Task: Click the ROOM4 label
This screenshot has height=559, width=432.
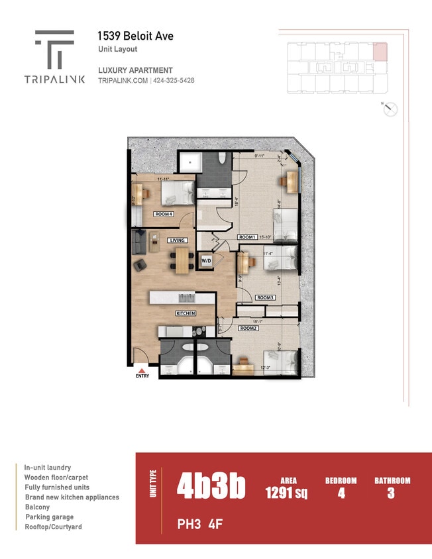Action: click(164, 214)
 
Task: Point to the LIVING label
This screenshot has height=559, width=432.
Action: click(178, 240)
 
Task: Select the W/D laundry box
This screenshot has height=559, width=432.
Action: click(206, 261)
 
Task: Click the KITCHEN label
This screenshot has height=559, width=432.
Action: click(186, 313)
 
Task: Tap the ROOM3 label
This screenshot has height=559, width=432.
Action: click(265, 297)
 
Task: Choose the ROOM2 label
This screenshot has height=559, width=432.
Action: click(248, 328)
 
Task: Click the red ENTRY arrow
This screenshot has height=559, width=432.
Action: click(142, 370)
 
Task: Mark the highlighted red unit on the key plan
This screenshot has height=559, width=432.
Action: click(380, 51)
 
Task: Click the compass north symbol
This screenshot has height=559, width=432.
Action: click(390, 109)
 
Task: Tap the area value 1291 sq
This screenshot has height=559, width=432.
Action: click(286, 493)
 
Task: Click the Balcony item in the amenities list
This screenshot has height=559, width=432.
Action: click(38, 507)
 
